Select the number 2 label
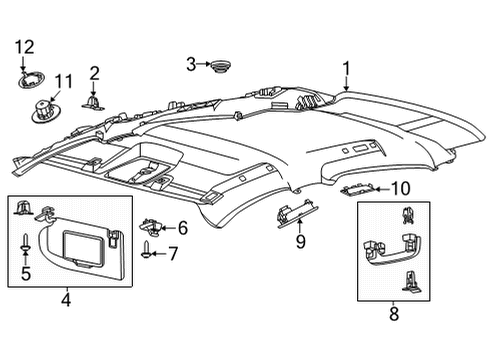point(94,72)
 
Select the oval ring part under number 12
point(30,76)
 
